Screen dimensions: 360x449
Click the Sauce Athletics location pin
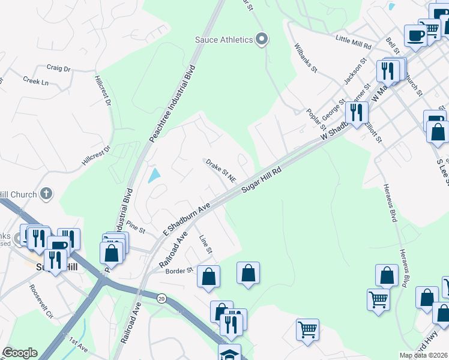click(261, 40)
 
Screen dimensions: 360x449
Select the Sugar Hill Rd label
click(262, 180)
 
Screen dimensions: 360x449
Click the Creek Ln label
click(35, 80)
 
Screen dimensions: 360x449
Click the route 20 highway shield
click(161, 298)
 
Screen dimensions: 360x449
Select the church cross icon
click(46, 194)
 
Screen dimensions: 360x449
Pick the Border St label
click(179, 270)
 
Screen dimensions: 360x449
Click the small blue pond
click(154, 175)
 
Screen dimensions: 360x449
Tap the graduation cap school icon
click(229, 353)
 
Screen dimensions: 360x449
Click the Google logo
click(20, 353)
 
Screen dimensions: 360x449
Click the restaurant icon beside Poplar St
click(357, 112)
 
